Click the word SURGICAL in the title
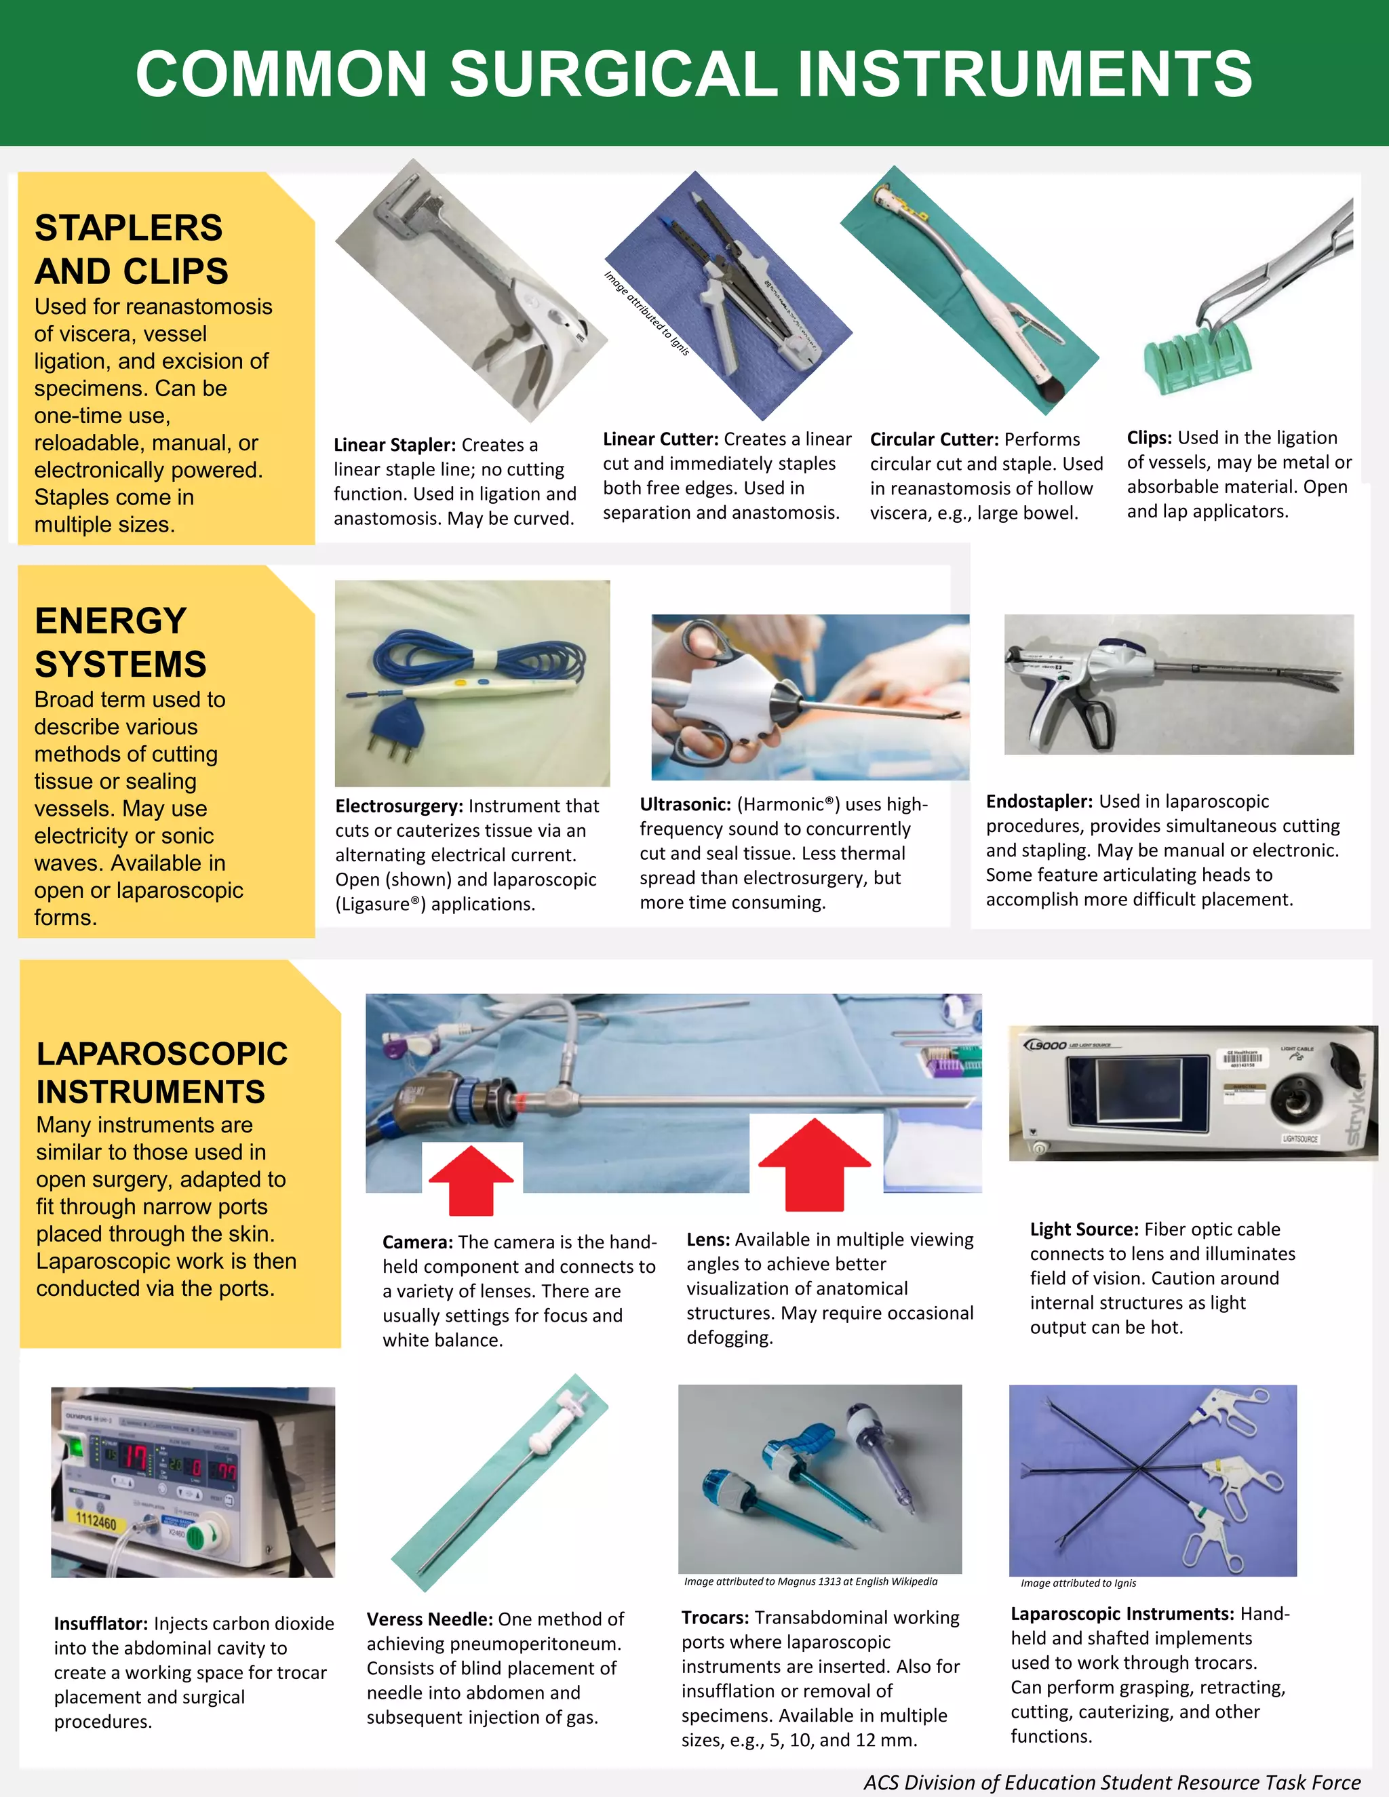point(614,74)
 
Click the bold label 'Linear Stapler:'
point(394,445)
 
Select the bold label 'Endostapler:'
point(1039,802)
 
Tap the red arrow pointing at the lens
point(814,1162)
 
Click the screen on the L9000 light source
point(1123,1092)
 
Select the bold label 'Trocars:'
point(715,1617)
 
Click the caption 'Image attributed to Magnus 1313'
point(810,1581)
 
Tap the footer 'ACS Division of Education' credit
point(1112,1782)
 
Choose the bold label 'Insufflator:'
point(101,1623)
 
